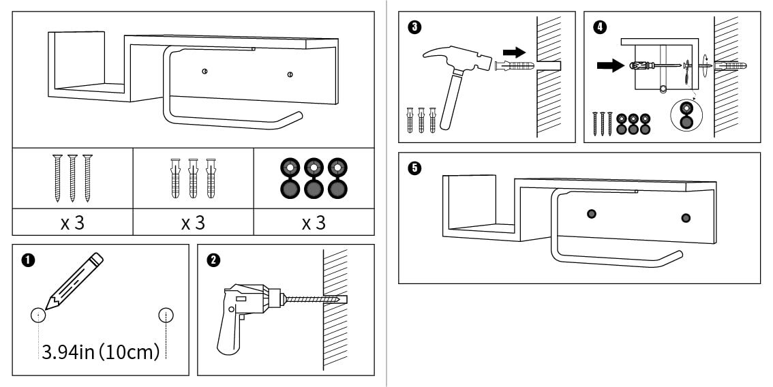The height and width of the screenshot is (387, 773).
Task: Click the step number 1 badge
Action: tap(28, 260)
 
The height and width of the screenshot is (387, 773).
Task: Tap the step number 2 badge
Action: tap(213, 260)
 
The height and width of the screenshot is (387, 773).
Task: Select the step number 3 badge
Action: tap(414, 27)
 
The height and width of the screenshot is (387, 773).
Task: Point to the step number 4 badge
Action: tap(599, 27)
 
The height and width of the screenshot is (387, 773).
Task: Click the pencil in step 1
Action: tap(75, 279)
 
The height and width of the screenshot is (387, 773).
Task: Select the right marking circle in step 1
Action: tap(166, 315)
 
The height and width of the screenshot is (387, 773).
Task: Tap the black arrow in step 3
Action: tap(515, 52)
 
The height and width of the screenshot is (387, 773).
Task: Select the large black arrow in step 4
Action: tap(610, 66)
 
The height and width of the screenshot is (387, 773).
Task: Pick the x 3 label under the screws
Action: tap(72, 222)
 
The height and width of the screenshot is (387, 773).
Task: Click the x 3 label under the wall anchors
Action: tap(193, 222)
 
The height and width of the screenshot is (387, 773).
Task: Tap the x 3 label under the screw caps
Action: tap(314, 222)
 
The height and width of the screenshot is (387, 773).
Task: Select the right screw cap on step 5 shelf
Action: tap(685, 218)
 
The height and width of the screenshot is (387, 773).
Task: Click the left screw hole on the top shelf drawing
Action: tap(204, 72)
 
